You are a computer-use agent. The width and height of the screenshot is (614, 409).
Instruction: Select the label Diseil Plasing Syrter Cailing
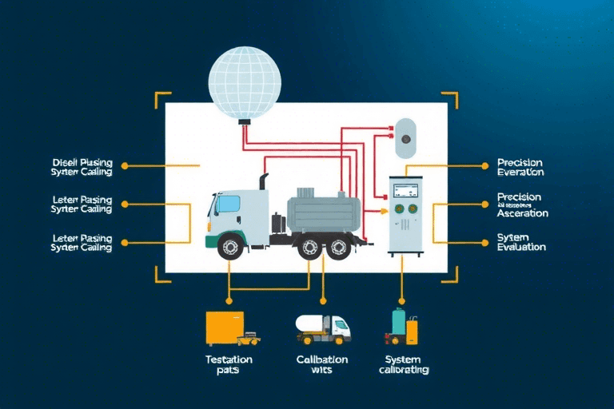click(x=82, y=166)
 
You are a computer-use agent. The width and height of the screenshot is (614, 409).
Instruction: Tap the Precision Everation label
click(x=520, y=166)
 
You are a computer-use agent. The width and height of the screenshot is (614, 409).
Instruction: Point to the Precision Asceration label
click(x=522, y=204)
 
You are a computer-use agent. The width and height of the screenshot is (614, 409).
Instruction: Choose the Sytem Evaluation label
click(x=521, y=242)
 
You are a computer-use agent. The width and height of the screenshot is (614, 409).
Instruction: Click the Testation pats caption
click(x=229, y=364)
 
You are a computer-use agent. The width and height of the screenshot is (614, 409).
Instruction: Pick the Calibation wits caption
click(x=323, y=364)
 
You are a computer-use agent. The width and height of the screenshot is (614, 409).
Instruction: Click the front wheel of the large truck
click(x=230, y=248)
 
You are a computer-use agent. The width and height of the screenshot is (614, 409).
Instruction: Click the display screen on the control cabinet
click(x=405, y=190)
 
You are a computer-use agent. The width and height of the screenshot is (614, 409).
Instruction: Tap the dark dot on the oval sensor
click(x=406, y=137)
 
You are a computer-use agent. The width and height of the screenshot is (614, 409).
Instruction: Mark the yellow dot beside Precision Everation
click(x=484, y=166)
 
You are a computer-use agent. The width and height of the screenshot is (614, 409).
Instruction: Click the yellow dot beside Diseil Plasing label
click(x=124, y=166)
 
